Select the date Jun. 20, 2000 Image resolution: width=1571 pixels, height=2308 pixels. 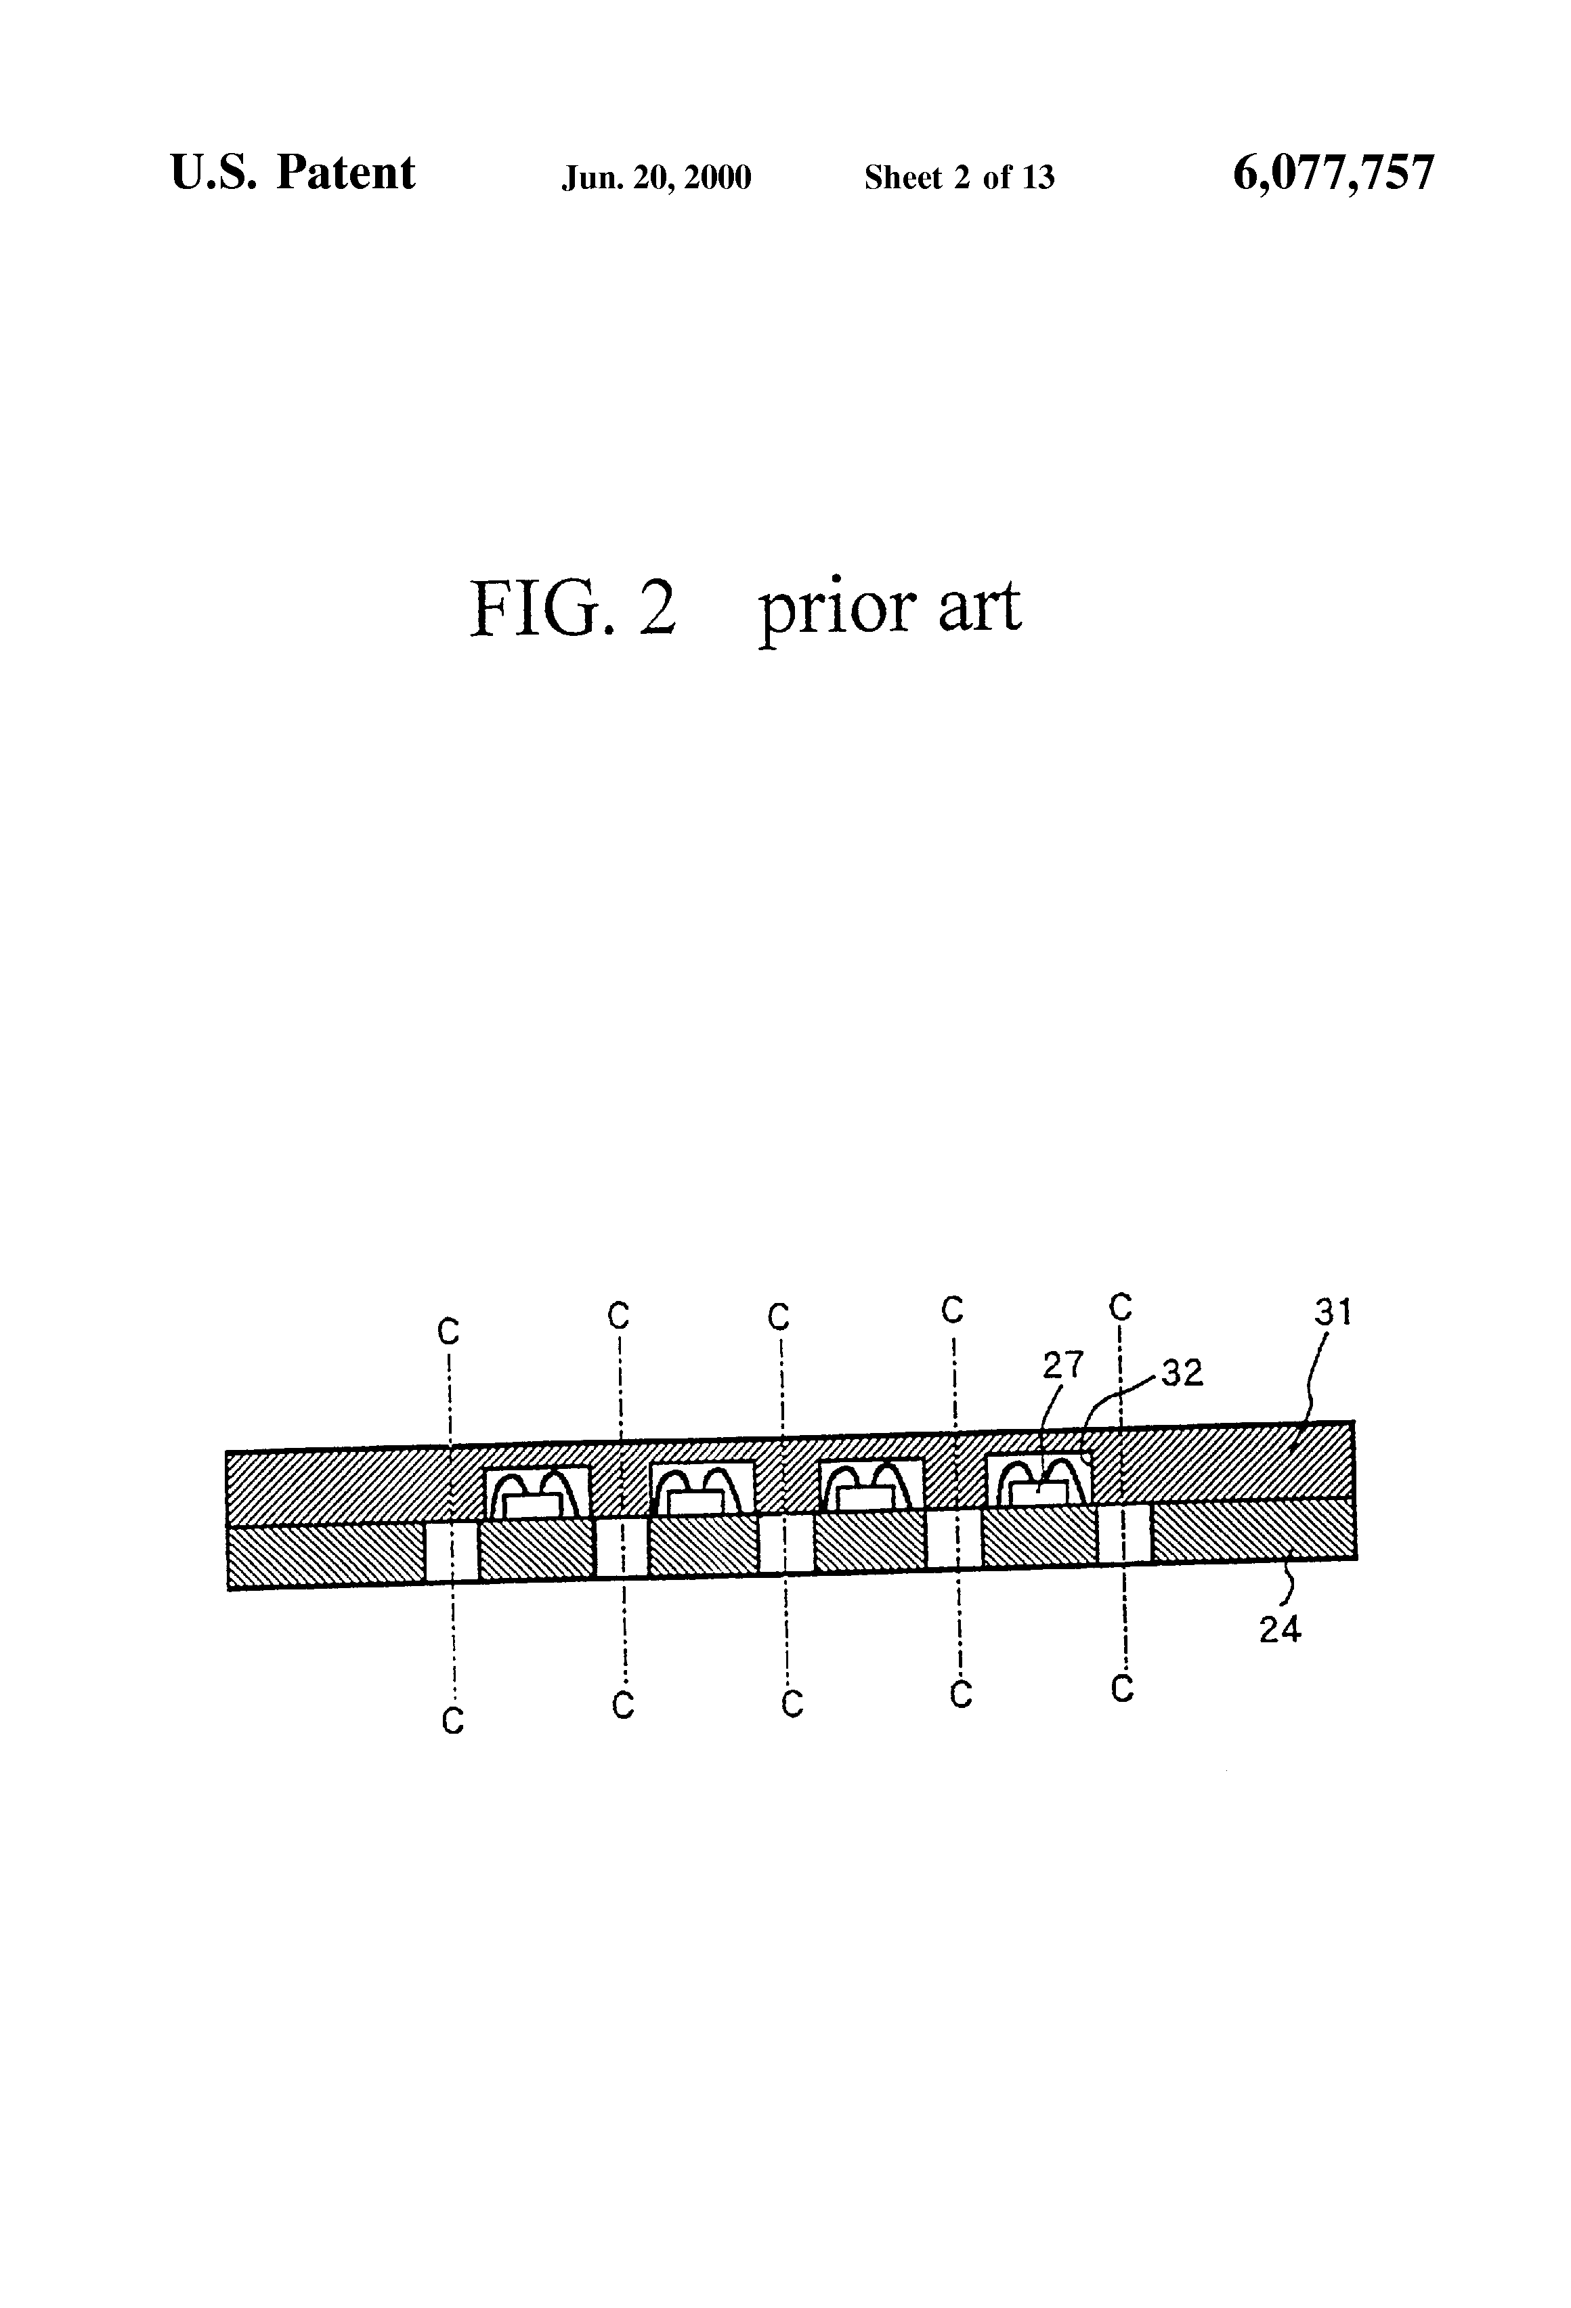coord(656,177)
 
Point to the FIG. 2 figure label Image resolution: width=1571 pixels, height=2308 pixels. coord(572,607)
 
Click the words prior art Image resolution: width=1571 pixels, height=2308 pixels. coord(889,607)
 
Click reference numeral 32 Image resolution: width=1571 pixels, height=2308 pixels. coord(1182,1373)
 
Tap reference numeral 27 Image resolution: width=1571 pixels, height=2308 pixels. coord(1062,1365)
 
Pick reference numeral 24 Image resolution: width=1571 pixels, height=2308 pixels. coord(1280,1629)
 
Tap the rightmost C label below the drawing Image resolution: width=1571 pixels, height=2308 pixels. coord(1122,1689)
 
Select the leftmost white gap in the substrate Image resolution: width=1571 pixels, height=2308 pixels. coord(451,1552)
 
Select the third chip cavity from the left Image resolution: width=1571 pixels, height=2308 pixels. coord(870,1484)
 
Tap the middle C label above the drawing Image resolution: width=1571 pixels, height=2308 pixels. coord(779,1317)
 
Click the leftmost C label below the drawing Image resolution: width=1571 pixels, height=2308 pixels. coord(453,1721)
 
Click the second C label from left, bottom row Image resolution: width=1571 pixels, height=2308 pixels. coord(622,1705)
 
